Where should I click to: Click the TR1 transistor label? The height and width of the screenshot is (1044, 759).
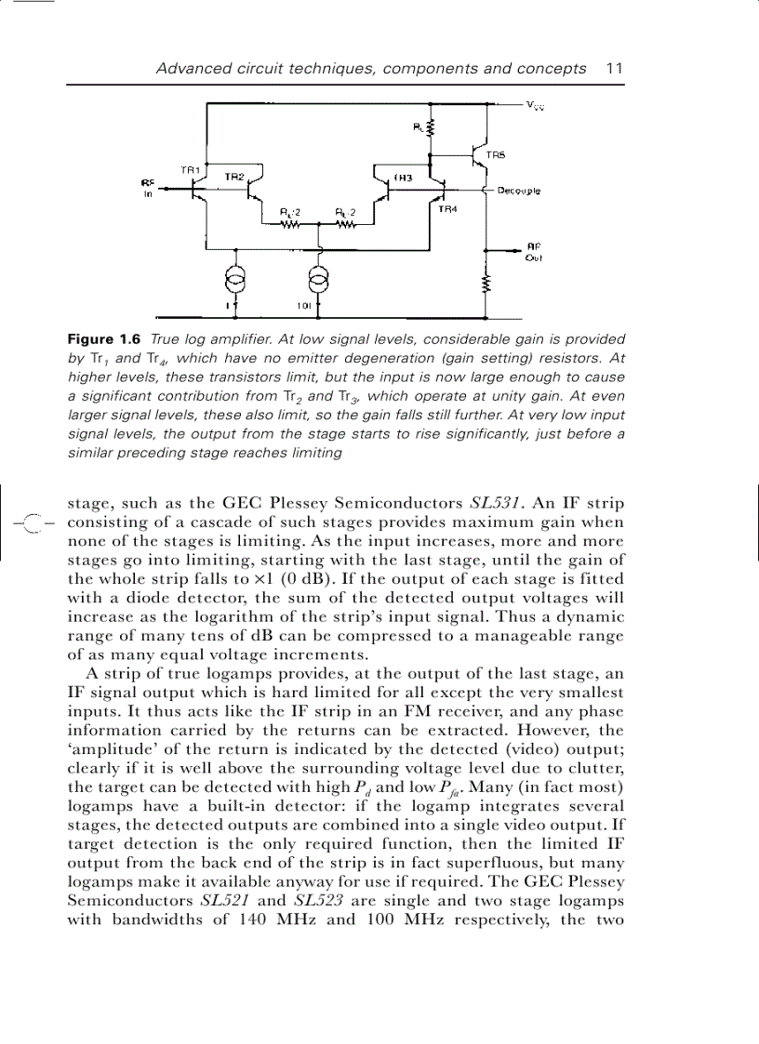[x=190, y=170]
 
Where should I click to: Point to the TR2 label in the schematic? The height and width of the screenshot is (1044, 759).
[x=234, y=176]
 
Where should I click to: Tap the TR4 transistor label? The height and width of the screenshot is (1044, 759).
[x=447, y=210]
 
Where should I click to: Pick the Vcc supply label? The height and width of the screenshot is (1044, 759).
[x=535, y=106]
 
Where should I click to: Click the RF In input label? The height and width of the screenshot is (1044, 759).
[x=147, y=190]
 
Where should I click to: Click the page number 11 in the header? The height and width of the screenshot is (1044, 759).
[x=614, y=68]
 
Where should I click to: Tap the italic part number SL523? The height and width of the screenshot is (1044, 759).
[x=319, y=900]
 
